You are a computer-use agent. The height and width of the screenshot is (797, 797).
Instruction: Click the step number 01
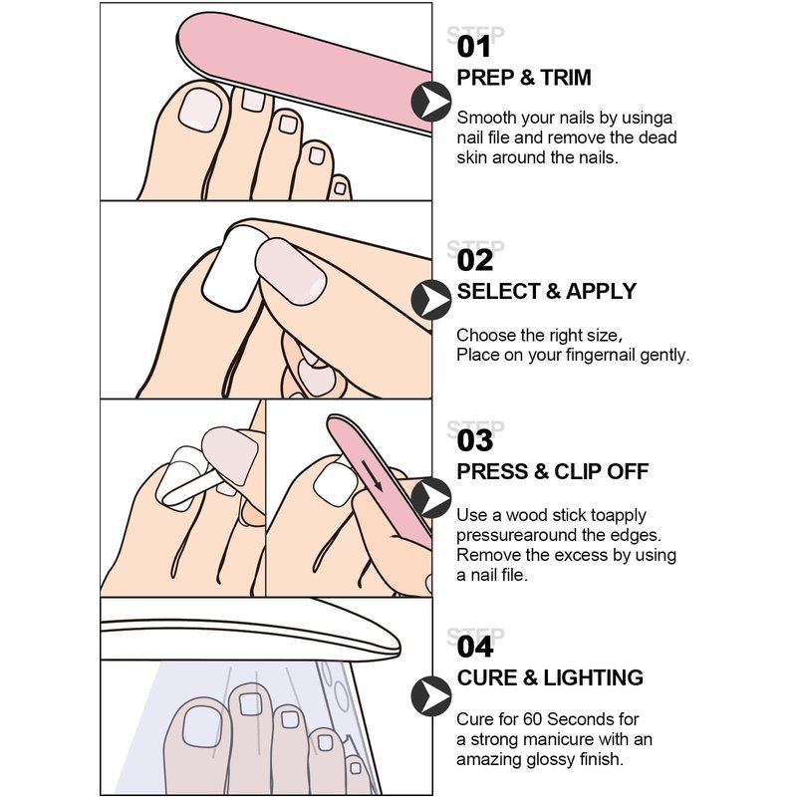pyautogui.click(x=474, y=47)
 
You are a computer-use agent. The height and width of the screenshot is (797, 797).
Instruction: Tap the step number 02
pyautogui.click(x=475, y=260)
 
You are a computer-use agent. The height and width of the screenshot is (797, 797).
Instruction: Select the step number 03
pyautogui.click(x=475, y=440)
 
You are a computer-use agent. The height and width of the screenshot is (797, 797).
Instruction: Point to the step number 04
pyautogui.click(x=475, y=647)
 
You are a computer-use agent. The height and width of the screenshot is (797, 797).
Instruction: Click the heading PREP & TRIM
pyautogui.click(x=524, y=78)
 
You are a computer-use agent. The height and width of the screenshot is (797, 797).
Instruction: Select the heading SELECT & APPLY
pyautogui.click(x=546, y=291)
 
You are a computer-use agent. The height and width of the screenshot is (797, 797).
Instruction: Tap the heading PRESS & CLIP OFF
pyautogui.click(x=553, y=471)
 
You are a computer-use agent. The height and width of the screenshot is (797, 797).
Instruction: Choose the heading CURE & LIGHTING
pyautogui.click(x=550, y=677)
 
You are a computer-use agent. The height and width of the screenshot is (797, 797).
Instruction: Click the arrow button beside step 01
pyautogui.click(x=431, y=102)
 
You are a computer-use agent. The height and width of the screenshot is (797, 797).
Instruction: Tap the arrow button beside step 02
pyautogui.click(x=431, y=300)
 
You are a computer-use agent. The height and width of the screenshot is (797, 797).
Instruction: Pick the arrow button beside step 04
pyautogui.click(x=431, y=696)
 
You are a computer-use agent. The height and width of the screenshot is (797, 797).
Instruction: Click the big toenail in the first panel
pyautogui.click(x=200, y=111)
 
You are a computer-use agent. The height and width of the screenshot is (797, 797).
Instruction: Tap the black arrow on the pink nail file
pyautogui.click(x=372, y=475)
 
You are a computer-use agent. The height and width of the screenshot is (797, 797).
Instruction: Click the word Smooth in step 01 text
pyautogui.click(x=484, y=118)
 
